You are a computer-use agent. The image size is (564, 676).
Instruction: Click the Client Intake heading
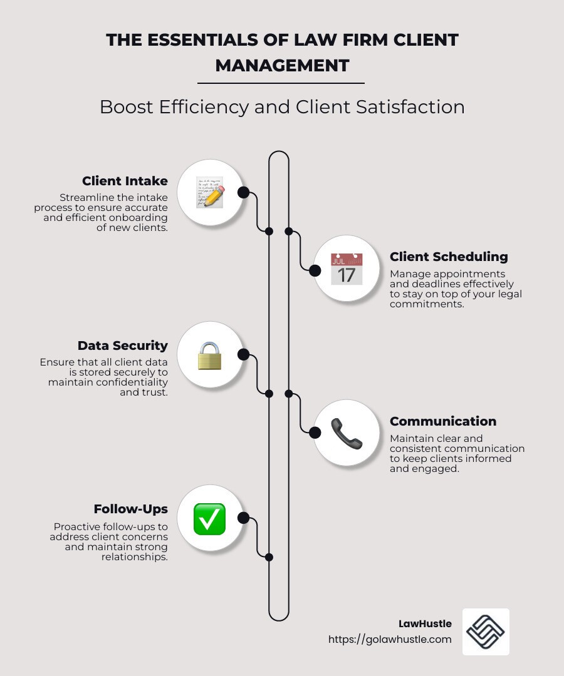(x=125, y=181)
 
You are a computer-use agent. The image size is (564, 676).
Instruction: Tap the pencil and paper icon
(x=210, y=192)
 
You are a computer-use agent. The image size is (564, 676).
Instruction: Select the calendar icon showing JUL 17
(x=347, y=269)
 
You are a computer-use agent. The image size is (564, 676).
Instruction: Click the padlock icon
(x=210, y=356)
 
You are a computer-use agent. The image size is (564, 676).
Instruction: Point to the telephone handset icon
(x=347, y=433)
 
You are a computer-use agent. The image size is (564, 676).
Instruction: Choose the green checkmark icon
(x=210, y=519)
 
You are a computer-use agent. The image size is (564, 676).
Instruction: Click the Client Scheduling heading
(x=449, y=257)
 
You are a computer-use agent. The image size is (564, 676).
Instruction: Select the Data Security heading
(x=123, y=346)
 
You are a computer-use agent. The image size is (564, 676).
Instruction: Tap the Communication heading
(x=443, y=421)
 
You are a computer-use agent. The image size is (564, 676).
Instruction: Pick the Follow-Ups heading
(x=131, y=509)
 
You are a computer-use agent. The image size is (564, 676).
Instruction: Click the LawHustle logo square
(x=486, y=632)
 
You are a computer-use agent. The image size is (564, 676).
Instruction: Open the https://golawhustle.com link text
(x=390, y=639)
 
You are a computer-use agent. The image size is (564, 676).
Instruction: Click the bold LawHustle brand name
(x=425, y=624)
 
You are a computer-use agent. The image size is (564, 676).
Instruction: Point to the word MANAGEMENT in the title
(x=282, y=66)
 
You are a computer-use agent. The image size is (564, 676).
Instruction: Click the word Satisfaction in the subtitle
(x=410, y=107)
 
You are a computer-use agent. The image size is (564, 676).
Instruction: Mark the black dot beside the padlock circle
(x=243, y=354)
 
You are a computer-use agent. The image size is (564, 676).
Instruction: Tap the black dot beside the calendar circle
(x=315, y=270)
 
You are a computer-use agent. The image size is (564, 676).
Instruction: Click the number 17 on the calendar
(x=347, y=275)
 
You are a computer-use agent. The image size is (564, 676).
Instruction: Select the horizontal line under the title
(x=281, y=83)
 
